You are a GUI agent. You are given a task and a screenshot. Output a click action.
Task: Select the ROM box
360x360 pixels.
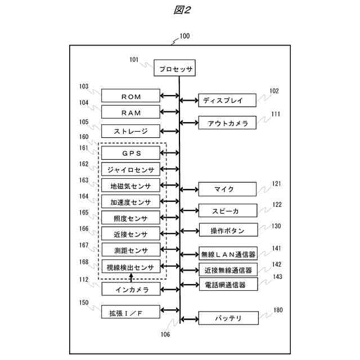[130, 96]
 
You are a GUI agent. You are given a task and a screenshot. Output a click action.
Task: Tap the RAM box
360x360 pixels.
[130, 112]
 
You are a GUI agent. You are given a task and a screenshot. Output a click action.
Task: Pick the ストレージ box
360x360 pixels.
[130, 131]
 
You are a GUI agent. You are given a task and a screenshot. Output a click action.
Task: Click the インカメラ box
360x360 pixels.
[130, 289]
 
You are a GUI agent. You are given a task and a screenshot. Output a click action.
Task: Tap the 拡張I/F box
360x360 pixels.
[130, 311]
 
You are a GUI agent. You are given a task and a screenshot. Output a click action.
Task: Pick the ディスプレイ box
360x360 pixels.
[227, 101]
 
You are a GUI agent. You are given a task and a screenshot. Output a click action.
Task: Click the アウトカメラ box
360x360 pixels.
[227, 123]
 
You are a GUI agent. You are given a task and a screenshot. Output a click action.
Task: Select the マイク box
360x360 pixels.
[227, 189]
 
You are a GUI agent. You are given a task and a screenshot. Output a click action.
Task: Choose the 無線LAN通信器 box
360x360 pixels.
[227, 254]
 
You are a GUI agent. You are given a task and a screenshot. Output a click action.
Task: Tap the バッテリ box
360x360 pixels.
[227, 318]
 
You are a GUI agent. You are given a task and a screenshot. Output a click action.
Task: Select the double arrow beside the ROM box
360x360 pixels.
[169, 96]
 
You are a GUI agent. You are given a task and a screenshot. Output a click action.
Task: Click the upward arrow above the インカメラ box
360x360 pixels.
[131, 277]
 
